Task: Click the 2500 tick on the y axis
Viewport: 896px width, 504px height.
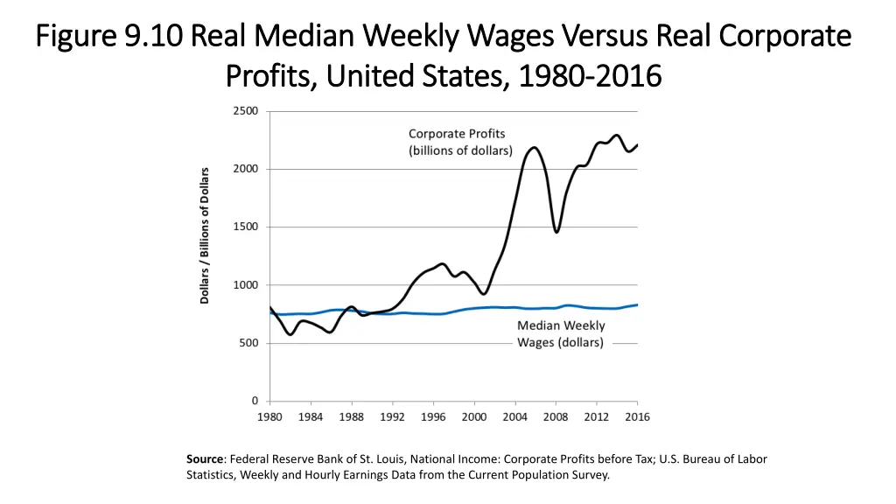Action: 246,110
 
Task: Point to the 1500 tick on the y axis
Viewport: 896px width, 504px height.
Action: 246,227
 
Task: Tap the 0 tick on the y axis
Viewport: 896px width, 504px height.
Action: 254,401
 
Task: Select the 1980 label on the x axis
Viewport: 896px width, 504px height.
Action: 269,416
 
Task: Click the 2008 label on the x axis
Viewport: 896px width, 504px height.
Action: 556,416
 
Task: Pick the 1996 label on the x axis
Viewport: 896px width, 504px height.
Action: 433,416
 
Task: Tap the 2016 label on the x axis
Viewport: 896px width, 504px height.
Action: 637,416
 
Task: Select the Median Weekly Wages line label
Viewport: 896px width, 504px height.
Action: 560,333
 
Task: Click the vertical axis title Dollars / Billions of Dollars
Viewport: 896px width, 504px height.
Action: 205,235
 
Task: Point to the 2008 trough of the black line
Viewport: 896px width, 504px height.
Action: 556,232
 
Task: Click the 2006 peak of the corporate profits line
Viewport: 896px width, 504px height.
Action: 535,147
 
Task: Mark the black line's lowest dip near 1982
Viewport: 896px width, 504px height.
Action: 290,334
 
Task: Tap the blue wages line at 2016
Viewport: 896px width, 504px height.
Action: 636,304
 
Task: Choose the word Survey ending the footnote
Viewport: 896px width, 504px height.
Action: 588,475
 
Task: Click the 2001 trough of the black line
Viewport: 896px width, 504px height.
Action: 483,293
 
